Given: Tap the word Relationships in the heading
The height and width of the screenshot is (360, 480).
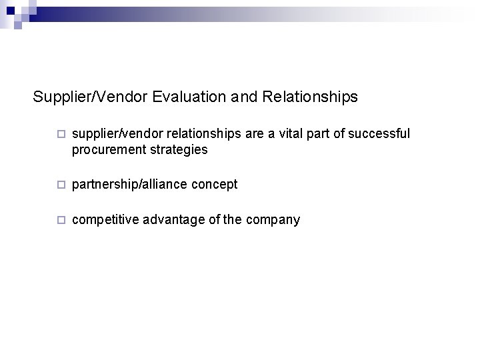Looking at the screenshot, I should (x=310, y=97).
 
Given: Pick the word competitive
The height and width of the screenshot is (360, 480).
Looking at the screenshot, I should (x=99, y=219).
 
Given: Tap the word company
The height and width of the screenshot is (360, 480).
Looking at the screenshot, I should (x=275, y=219).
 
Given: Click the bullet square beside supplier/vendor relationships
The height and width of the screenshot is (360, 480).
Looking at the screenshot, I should (x=61, y=135).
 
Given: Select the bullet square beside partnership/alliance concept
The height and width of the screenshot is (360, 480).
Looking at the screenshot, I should (x=61, y=185).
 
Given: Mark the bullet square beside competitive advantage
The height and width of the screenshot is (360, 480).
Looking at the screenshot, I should (x=61, y=219).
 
